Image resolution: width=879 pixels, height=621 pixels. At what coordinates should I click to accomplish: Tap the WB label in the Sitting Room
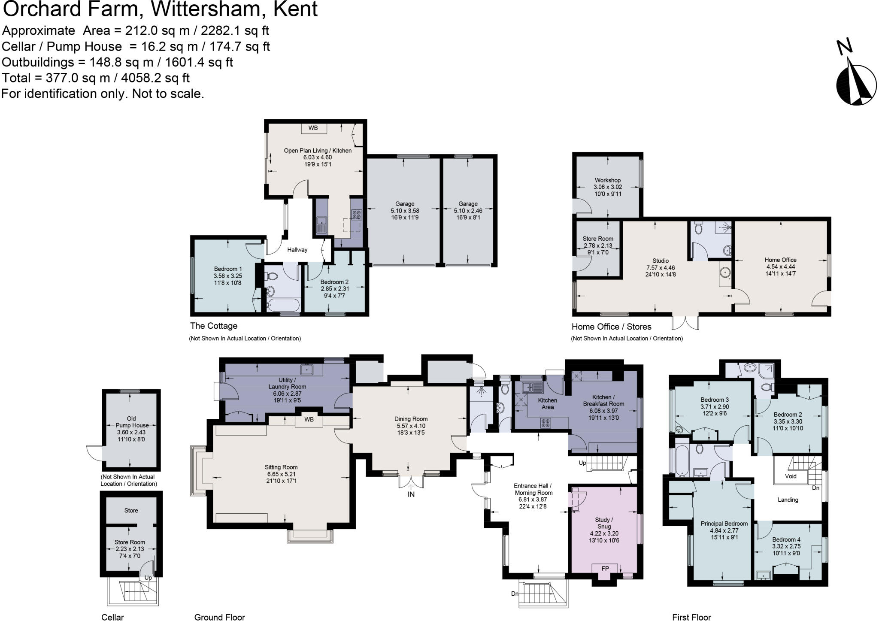(309, 419)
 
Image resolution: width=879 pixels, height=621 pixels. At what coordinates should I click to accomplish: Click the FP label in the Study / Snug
(605, 569)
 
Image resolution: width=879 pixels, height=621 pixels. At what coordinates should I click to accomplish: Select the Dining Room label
(411, 419)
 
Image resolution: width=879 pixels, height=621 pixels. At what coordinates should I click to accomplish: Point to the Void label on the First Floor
(790, 476)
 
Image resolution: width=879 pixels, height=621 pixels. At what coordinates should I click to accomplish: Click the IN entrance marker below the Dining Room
(411, 494)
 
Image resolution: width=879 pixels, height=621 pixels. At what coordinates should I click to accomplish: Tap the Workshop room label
(607, 180)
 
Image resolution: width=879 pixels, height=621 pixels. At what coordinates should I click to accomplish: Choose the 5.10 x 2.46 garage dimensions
(468, 211)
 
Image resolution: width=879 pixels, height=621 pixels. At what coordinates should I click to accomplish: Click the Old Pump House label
(131, 422)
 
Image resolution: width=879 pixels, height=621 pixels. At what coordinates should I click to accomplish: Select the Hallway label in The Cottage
(297, 250)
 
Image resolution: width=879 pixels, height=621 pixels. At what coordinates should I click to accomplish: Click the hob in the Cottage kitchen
(356, 215)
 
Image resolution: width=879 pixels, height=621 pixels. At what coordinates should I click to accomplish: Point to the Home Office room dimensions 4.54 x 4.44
(780, 267)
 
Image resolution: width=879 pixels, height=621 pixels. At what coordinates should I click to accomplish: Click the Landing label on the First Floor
(788, 500)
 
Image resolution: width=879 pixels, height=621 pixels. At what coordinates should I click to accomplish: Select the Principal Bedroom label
(724, 524)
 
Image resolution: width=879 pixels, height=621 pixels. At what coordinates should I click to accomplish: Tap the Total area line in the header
(95, 78)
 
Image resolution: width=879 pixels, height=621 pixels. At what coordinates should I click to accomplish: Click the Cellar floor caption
(112, 617)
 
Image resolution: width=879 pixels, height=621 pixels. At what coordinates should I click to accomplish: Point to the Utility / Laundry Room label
(287, 383)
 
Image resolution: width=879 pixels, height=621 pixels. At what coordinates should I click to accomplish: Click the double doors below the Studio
(685, 322)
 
